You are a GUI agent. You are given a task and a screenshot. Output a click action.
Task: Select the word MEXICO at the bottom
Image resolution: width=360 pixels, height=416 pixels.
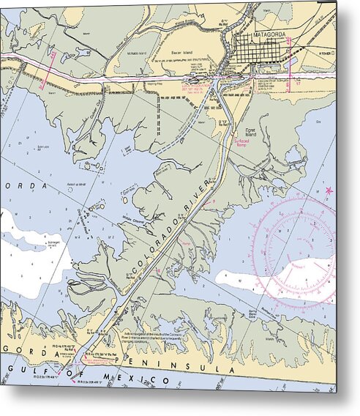tap(138, 379)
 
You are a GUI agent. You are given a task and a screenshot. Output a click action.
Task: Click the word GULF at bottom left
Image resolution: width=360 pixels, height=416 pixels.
tap(23, 368)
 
